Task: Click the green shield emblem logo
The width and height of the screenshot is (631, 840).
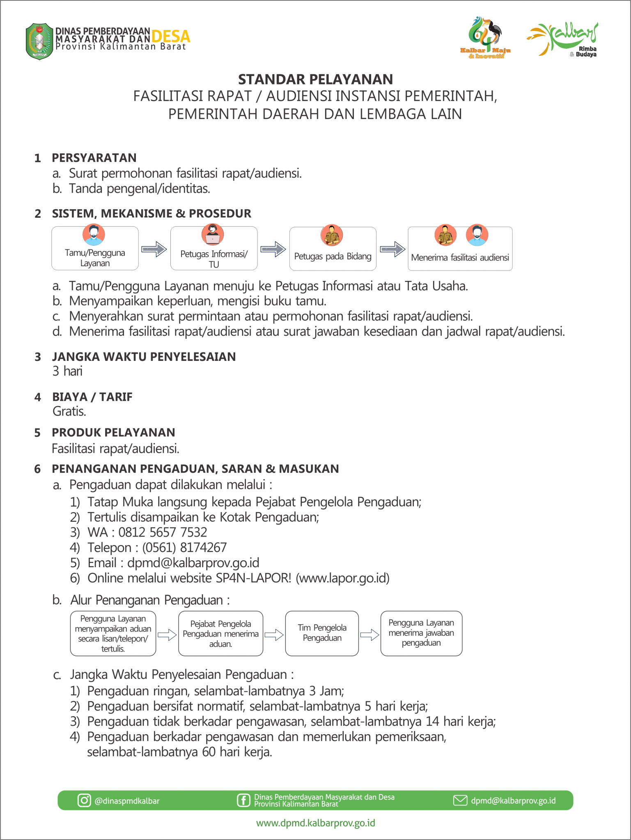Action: pyautogui.click(x=39, y=41)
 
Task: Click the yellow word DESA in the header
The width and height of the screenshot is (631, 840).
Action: pyautogui.click(x=171, y=37)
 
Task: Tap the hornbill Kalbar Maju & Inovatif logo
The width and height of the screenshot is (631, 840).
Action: pyautogui.click(x=485, y=38)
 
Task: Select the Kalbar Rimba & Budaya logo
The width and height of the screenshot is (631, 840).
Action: pyautogui.click(x=563, y=39)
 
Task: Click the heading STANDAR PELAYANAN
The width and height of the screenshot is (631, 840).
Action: pyautogui.click(x=315, y=79)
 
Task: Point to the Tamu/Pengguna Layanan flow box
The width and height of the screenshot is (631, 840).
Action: pyautogui.click(x=95, y=249)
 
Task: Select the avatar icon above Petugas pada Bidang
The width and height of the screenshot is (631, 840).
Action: pyautogui.click(x=332, y=235)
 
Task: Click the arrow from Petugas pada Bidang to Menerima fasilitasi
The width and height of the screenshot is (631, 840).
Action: pyautogui.click(x=392, y=249)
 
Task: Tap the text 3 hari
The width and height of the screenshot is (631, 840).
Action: pyautogui.click(x=68, y=371)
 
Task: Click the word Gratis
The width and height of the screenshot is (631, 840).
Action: pyautogui.click(x=69, y=411)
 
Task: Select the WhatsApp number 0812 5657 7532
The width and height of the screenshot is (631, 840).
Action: pyautogui.click(x=163, y=532)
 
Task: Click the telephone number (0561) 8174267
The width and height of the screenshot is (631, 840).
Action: pyautogui.click(x=184, y=548)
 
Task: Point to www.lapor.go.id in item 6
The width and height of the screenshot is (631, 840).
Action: pyautogui.click(x=343, y=578)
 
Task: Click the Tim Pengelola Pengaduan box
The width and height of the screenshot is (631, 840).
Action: pyautogui.click(x=322, y=633)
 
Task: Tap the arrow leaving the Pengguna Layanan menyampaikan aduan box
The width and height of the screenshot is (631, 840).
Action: pyautogui.click(x=167, y=635)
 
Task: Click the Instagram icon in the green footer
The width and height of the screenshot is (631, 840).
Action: pyautogui.click(x=84, y=800)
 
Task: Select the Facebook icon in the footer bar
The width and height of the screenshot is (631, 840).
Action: pyautogui.click(x=243, y=800)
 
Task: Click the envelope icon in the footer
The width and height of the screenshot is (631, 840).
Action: pyautogui.click(x=460, y=800)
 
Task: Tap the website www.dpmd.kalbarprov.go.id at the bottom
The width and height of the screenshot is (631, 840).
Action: pyautogui.click(x=315, y=823)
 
